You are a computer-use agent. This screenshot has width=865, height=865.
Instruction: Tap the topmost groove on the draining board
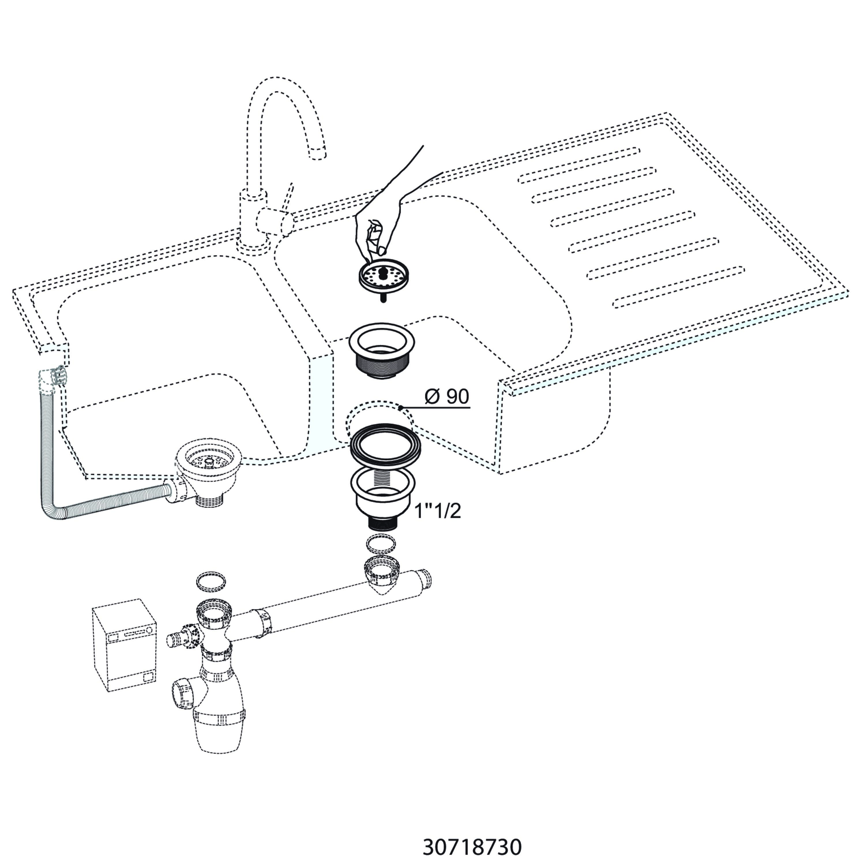tap(579, 165)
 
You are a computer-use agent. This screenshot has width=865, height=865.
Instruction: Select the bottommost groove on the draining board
tap(678, 287)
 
